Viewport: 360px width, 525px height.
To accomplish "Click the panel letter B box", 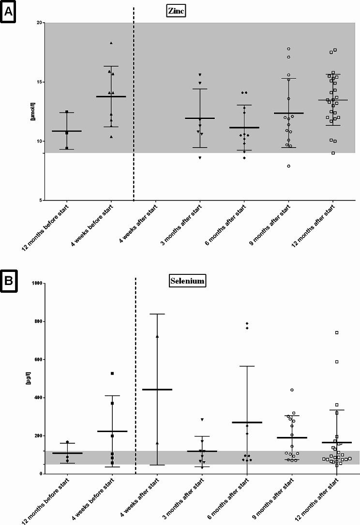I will click(9, 282).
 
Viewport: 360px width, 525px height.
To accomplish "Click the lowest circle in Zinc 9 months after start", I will click(288, 166).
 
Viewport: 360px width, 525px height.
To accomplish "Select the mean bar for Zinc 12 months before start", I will click(67, 131).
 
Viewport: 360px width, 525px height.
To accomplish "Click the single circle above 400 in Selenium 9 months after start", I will click(292, 390).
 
